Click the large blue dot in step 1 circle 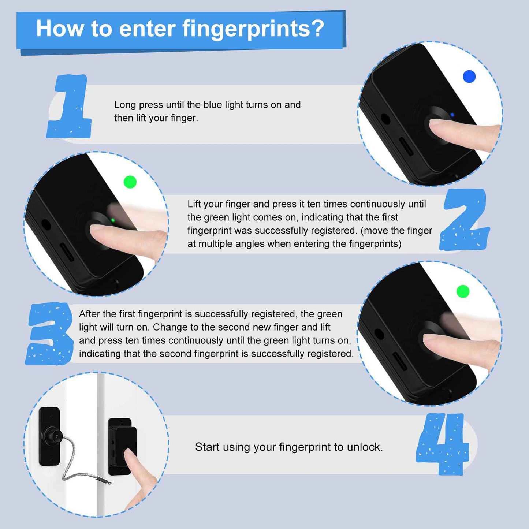[x=469, y=77]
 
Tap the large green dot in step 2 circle [x=130, y=182]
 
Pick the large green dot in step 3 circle [x=463, y=291]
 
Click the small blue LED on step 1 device [x=452, y=115]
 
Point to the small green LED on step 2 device [x=113, y=220]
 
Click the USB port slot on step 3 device [x=399, y=361]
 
